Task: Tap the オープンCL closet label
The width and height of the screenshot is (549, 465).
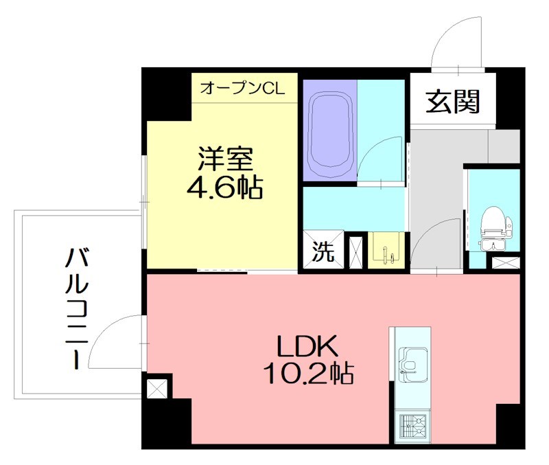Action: (246, 88)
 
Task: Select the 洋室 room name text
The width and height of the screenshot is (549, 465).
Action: (226, 159)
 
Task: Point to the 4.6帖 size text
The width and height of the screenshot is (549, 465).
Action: (225, 187)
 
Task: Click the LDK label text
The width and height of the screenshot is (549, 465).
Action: (307, 345)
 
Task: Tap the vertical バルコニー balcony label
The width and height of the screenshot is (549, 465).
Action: (76, 309)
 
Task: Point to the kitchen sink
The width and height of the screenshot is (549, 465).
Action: (412, 365)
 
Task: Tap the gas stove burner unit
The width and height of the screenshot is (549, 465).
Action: (412, 427)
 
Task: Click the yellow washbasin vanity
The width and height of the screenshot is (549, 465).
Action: (386, 251)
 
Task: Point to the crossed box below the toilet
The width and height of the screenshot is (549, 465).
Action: (506, 262)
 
